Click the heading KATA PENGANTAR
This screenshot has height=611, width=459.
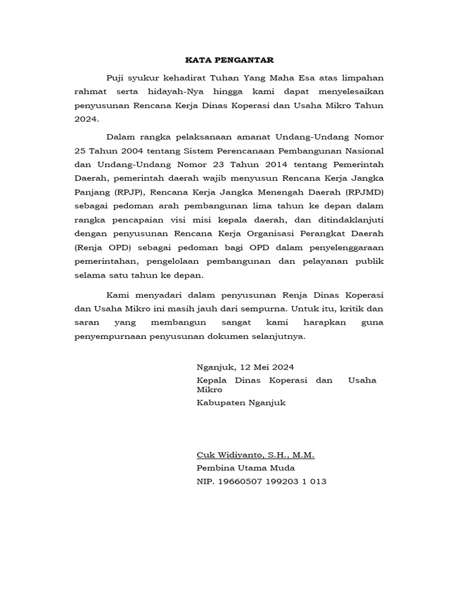(x=229, y=60)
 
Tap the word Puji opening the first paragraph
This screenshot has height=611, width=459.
(x=116, y=78)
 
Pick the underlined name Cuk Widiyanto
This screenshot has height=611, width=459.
(x=229, y=455)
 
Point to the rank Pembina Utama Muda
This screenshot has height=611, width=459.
(x=246, y=468)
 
